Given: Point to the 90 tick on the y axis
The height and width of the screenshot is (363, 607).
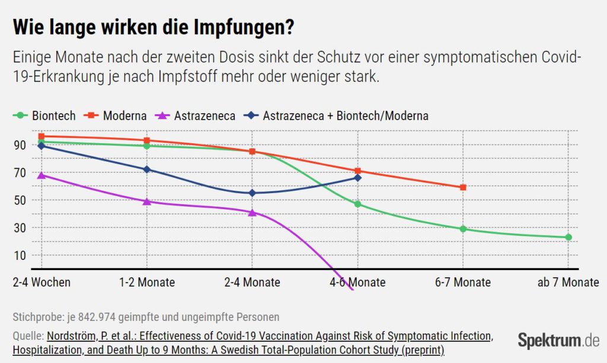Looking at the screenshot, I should coord(20,145).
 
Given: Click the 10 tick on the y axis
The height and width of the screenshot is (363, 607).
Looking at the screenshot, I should coord(20,255).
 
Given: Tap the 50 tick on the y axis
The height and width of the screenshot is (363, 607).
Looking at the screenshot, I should coord(20,200).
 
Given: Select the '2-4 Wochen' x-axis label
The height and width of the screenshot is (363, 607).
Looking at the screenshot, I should coord(41,282).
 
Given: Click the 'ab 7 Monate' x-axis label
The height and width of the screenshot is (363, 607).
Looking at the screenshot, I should coord(568,282).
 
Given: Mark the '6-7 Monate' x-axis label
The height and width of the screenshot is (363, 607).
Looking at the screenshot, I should coord(463,282).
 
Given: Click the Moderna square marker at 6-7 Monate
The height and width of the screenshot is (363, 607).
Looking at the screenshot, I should coord(463,188).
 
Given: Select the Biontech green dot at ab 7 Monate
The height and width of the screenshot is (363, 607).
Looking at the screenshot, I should coord(568,237).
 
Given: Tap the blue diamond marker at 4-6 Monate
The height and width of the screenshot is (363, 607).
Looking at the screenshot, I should coord(358,178).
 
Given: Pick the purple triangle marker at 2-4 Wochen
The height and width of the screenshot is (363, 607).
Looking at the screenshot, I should coord(41,175).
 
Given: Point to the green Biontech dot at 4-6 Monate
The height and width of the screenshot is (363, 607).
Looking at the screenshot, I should coord(358,204).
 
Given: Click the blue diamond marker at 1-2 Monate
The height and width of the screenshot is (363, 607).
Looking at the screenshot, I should coord(147,169).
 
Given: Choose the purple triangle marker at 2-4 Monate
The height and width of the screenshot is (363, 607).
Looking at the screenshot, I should coord(252,212).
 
